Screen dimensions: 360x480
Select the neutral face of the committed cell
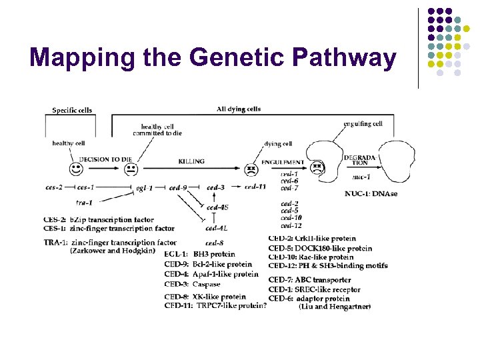[131, 169]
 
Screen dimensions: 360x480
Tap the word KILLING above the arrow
[191, 161]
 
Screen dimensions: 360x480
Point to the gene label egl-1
[144, 188]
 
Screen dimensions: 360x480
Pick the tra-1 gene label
[84, 201]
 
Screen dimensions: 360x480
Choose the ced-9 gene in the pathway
[178, 188]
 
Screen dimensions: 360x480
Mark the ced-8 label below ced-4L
[214, 243]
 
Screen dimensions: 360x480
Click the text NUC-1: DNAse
[371, 193]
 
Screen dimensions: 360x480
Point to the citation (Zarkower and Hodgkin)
[113, 251]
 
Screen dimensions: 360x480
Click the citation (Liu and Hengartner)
[335, 306]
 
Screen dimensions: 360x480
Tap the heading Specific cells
[72, 110]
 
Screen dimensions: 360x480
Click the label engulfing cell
[363, 123]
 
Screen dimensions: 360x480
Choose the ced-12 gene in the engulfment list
[291, 225]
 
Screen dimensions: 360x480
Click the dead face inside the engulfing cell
[317, 167]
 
